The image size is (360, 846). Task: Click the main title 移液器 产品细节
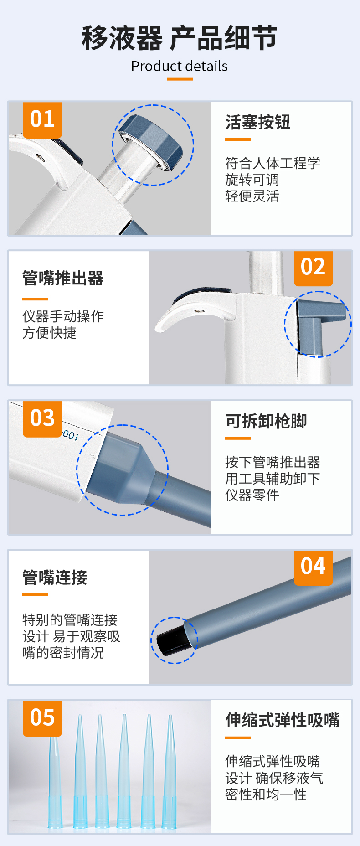click(x=180, y=38)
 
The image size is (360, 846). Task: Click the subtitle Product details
click(x=180, y=67)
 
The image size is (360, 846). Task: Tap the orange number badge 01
click(x=42, y=119)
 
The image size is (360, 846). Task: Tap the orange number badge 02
click(x=313, y=267)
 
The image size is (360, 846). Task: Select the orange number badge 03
click(x=42, y=418)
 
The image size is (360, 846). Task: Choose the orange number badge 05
click(x=42, y=717)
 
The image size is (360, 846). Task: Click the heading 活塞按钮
click(x=258, y=122)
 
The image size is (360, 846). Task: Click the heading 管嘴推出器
click(x=63, y=278)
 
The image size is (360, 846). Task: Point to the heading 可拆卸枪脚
click(x=266, y=421)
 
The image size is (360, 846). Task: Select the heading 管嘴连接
click(x=55, y=578)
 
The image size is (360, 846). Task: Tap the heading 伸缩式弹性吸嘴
click(x=283, y=720)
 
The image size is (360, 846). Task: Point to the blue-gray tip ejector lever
click(x=319, y=325)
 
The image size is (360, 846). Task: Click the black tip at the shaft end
click(x=170, y=639)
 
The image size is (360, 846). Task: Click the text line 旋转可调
click(x=252, y=180)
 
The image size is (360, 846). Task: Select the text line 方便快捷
click(x=49, y=333)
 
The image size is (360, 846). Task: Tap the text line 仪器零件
click(x=252, y=495)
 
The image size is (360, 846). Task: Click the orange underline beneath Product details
click(x=180, y=79)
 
